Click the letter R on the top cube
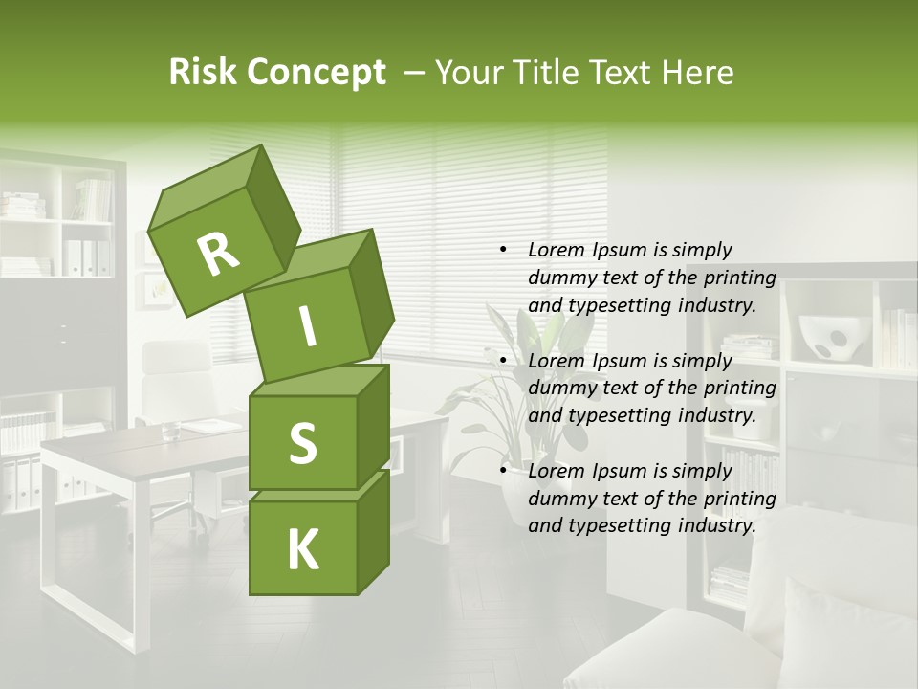coord(218,254)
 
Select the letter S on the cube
coord(302,443)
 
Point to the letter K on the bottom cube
coord(302,550)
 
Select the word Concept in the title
coord(317,73)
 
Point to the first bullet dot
coord(503,250)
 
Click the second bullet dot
coord(503,361)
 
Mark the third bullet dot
coord(503,471)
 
